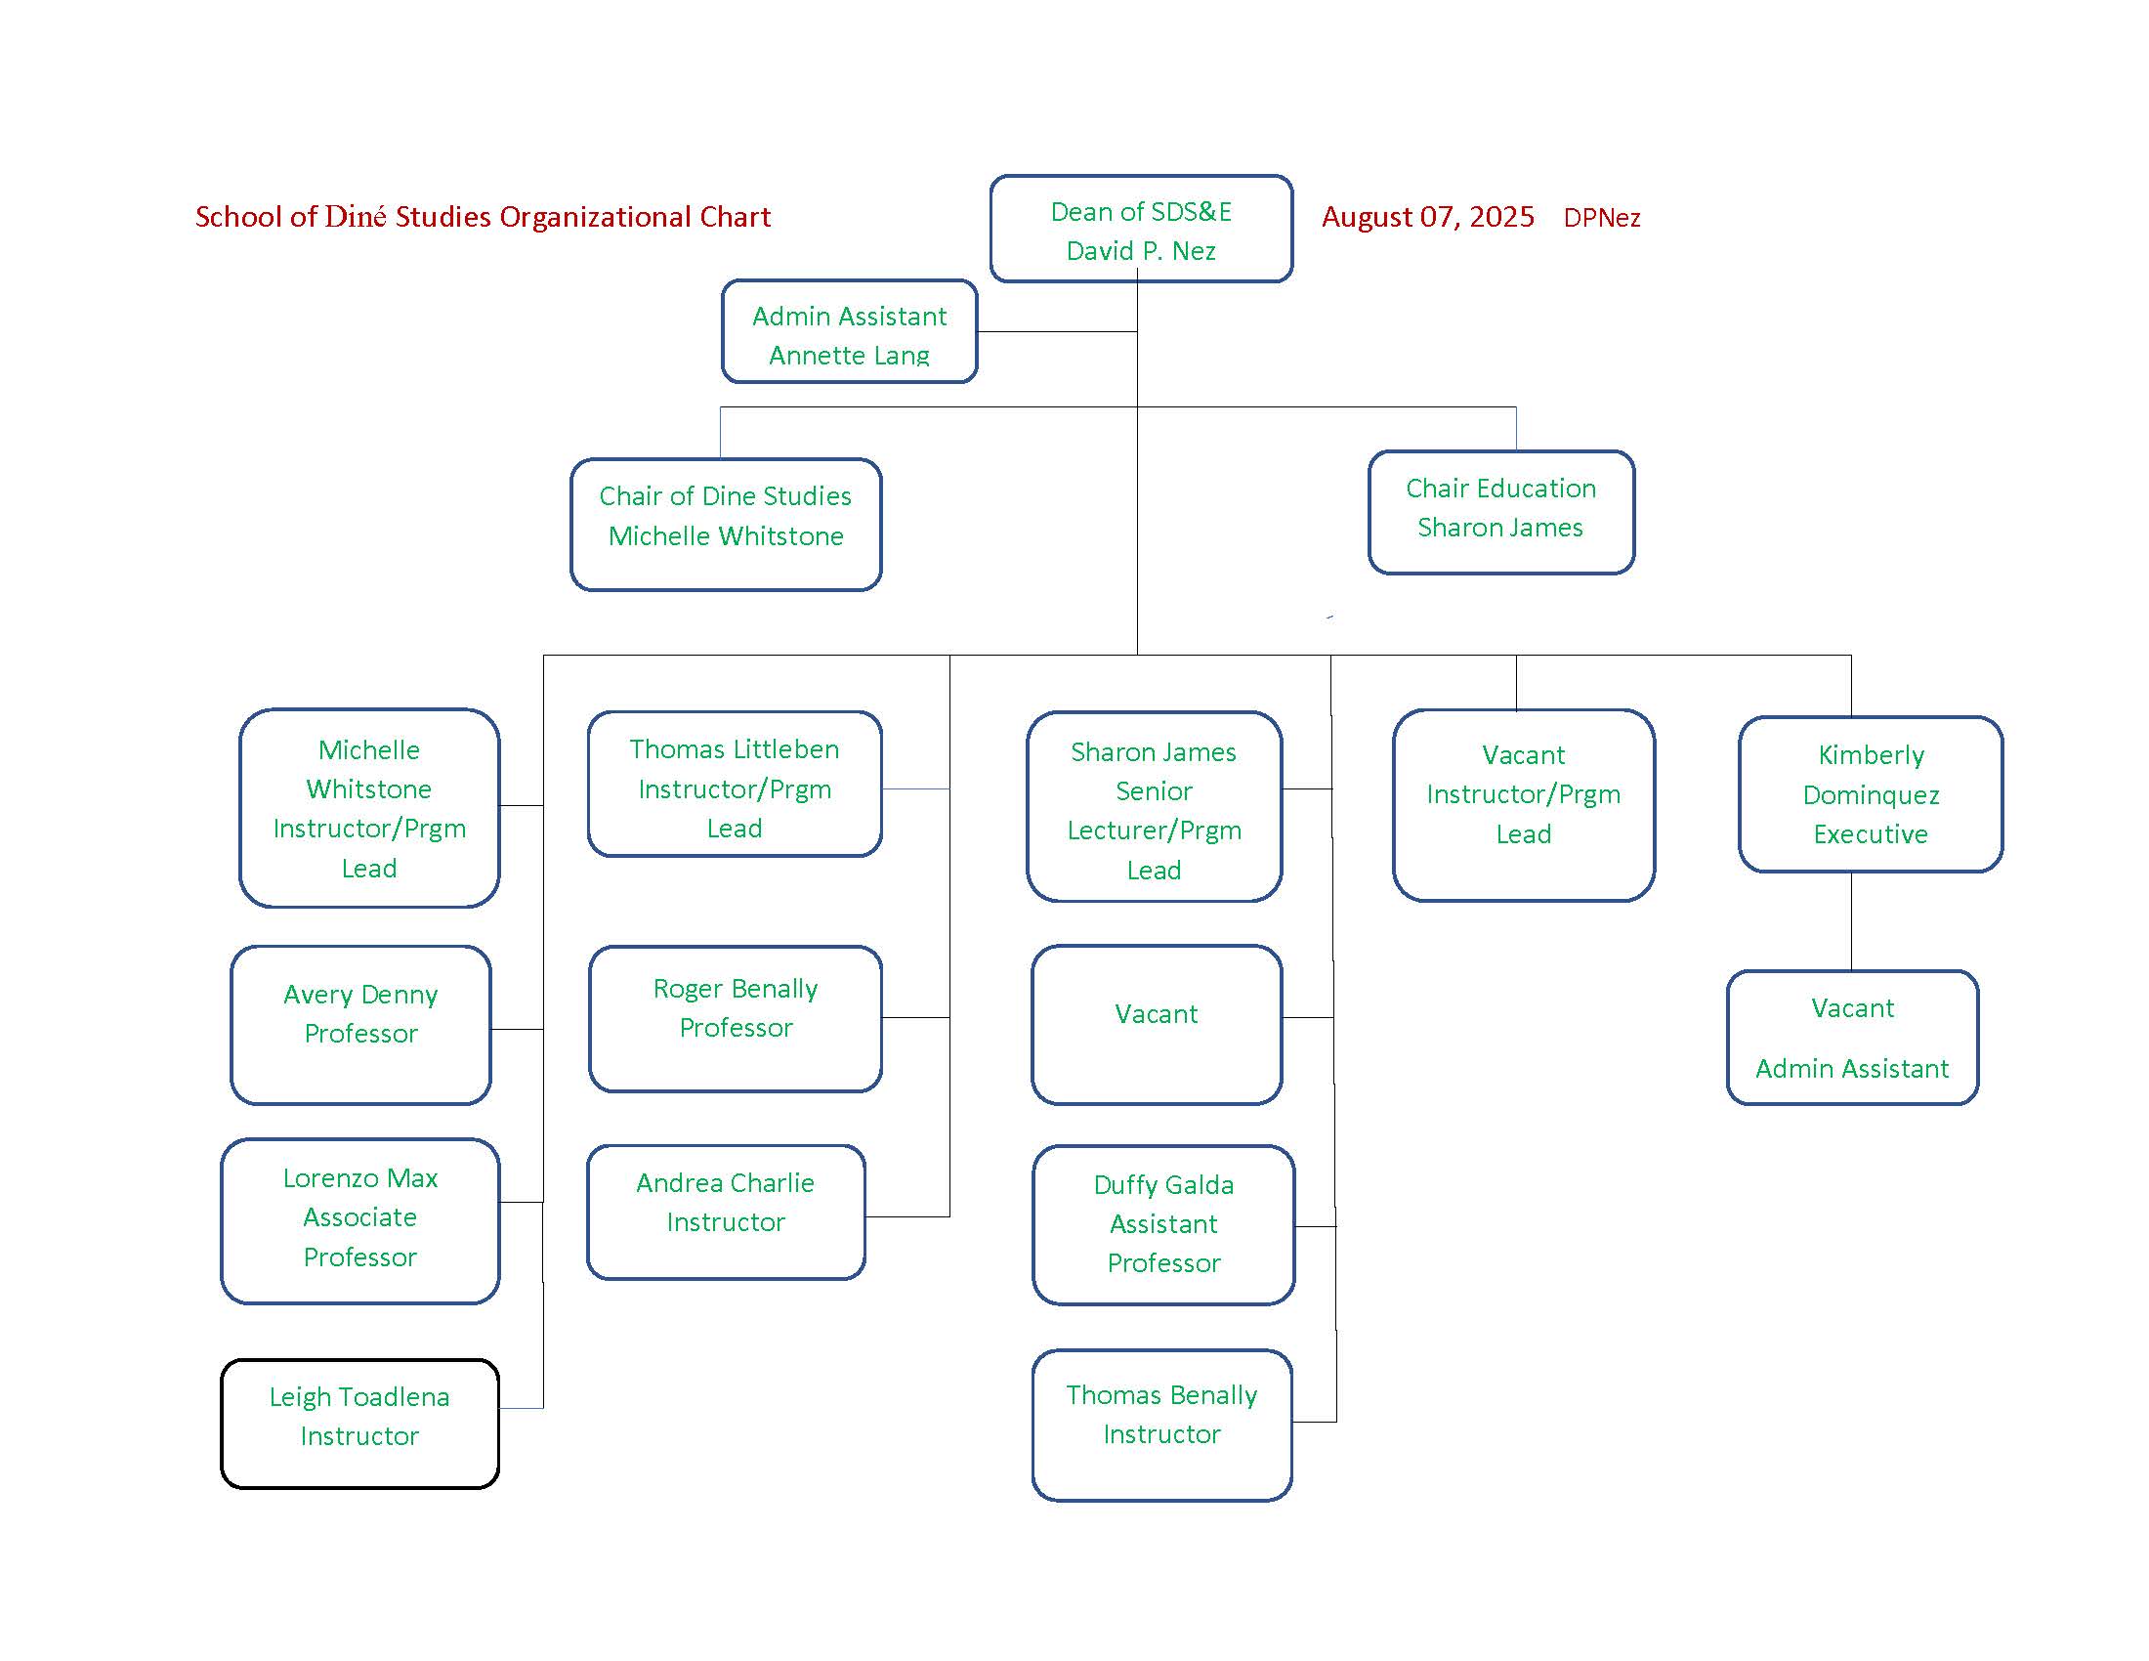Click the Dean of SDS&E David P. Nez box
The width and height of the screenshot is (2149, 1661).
point(1140,230)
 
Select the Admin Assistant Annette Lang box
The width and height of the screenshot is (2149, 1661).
point(849,331)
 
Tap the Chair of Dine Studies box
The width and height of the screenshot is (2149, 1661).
point(725,525)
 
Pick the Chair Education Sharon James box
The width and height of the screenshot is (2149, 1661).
point(1500,512)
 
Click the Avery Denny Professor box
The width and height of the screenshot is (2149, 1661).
point(361,1024)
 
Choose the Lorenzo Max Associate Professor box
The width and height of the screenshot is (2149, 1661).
point(360,1220)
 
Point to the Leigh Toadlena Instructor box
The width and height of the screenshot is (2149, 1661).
point(360,1423)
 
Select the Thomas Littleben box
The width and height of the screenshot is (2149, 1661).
point(734,785)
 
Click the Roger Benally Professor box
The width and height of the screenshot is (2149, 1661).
point(735,1018)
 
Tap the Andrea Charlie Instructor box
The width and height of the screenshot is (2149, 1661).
point(726,1212)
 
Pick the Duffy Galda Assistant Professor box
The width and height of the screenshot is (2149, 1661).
point(1163,1224)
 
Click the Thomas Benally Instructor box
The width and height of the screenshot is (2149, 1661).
point(1162,1425)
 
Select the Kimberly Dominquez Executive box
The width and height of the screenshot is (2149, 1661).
point(1871,794)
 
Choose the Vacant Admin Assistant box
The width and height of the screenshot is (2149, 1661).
point(1852,1037)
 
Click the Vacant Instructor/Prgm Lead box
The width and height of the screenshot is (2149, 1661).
point(1523,805)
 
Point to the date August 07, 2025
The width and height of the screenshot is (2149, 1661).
point(1428,217)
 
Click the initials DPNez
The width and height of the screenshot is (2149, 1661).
point(1602,218)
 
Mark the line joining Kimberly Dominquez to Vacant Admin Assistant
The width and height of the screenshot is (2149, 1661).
point(1851,921)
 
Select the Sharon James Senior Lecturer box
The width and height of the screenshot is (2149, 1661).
point(1155,806)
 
